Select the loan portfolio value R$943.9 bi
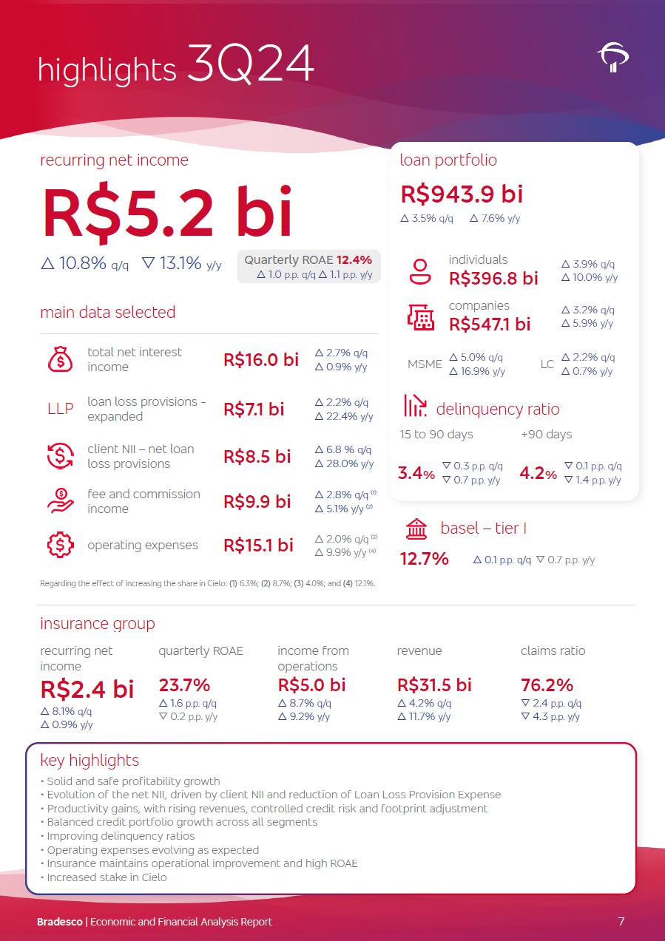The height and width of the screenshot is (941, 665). [x=462, y=194]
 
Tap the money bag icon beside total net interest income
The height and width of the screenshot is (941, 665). [x=60, y=359]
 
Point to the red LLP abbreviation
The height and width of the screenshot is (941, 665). [x=60, y=409]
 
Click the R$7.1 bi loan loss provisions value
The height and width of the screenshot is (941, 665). [x=254, y=410]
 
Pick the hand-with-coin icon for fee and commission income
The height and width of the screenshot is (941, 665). [x=60, y=501]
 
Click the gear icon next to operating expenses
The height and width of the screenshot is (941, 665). [x=60, y=546]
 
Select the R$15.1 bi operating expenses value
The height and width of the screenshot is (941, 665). [x=258, y=546]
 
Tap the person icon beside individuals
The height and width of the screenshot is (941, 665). [x=420, y=272]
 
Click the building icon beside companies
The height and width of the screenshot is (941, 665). [x=421, y=317]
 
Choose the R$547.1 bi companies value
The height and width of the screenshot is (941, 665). [x=490, y=324]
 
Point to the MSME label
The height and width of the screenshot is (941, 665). [x=425, y=364]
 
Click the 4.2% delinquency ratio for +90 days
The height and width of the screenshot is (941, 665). [x=538, y=473]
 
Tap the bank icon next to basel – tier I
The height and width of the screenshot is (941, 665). [x=416, y=529]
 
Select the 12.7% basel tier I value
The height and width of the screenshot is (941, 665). [x=425, y=559]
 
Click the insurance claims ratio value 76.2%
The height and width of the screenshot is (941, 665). [x=547, y=684]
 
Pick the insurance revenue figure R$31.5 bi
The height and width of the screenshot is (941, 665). [x=434, y=684]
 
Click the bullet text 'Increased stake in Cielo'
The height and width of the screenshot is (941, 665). [x=107, y=877]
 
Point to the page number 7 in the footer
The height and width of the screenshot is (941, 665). [x=621, y=922]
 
